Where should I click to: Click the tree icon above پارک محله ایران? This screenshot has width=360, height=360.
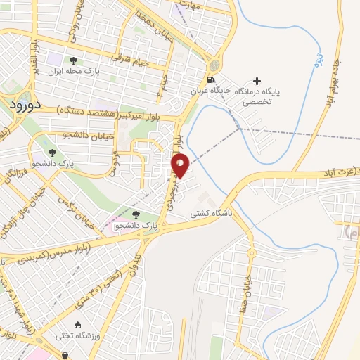pyautogui.click(x=74, y=60)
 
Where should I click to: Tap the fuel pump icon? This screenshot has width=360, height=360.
pyautogui.click(x=213, y=79)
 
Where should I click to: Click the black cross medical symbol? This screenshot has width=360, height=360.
pyautogui.click(x=257, y=82)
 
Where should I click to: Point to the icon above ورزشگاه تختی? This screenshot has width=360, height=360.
pyautogui.click(x=77, y=325)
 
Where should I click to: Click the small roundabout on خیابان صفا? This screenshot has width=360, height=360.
pyautogui.click(x=250, y=251)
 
